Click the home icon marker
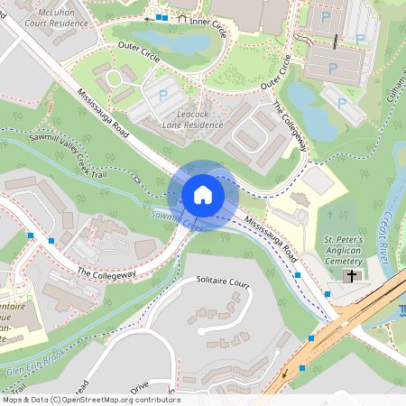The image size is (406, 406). [x=203, y=194]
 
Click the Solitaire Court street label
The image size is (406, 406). [x=222, y=282]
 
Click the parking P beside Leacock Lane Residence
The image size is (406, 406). [x=163, y=94]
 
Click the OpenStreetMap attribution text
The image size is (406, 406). [x=90, y=399]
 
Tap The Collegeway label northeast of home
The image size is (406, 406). [x=291, y=127]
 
